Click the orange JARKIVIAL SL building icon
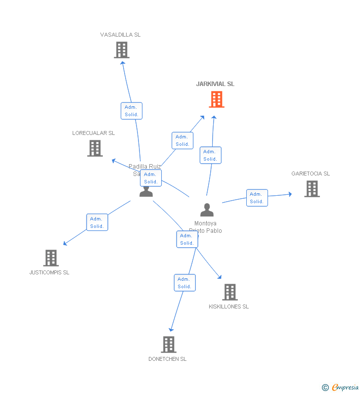tap(216, 99)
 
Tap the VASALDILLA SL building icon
tap(122, 50)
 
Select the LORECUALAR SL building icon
tap(95, 148)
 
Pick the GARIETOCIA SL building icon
tap(312, 189)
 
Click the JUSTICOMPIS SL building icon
tap(51, 258)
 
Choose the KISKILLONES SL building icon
tap(229, 292)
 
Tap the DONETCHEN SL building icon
tap(169, 345)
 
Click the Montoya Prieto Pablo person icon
tap(207, 210)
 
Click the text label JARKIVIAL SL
tap(215, 84)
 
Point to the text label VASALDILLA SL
tap(120, 35)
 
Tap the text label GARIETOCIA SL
tap(311, 174)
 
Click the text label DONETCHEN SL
tap(168, 359)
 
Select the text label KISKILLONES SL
tap(228, 306)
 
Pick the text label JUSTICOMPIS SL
tap(49, 272)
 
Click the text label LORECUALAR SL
tap(93, 133)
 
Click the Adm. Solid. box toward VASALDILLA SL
tap(132, 111)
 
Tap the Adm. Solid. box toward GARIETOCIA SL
tap(257, 198)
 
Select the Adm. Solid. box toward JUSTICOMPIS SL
tap(97, 222)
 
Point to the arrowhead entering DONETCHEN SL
tap(171, 329)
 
